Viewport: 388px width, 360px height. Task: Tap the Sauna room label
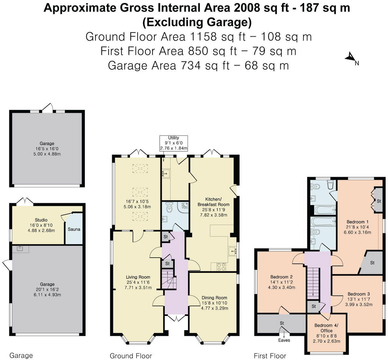tap(74, 229)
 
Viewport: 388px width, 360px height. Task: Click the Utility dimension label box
tap(174, 143)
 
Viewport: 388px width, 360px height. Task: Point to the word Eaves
tap(284, 340)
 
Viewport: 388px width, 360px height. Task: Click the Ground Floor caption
tap(131, 355)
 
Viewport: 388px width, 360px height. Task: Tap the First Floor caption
tap(270, 355)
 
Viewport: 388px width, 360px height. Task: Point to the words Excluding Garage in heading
tap(197, 22)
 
